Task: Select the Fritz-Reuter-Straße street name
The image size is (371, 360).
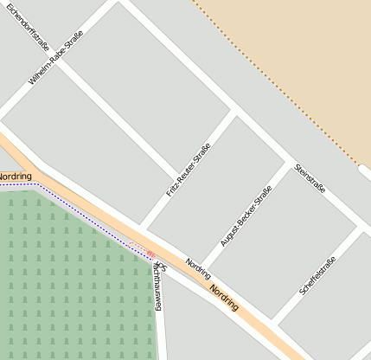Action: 189,174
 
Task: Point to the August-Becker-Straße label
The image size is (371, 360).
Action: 246,215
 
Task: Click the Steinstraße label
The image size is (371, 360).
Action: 310,177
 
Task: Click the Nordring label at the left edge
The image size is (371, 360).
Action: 15,177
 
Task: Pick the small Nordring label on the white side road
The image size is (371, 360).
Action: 198,268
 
